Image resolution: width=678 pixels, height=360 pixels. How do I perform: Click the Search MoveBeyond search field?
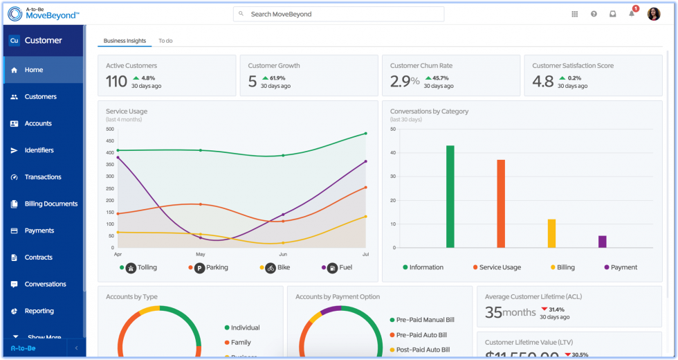[339, 14]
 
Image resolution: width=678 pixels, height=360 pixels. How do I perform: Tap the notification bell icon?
[631, 14]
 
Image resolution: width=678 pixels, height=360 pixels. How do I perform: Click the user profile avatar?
[654, 14]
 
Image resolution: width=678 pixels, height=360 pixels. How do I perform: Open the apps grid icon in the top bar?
[574, 14]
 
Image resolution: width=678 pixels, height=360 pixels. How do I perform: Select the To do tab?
[165, 41]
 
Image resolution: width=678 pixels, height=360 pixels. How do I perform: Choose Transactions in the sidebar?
[43, 177]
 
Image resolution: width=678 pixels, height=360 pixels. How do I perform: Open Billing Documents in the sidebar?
[51, 204]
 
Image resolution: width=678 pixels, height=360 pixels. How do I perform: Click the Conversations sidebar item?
[45, 285]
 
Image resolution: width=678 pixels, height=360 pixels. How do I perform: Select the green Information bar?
[450, 197]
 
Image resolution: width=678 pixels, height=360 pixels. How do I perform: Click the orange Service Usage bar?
[501, 204]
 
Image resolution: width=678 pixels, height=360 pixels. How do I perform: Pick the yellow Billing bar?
[551, 233]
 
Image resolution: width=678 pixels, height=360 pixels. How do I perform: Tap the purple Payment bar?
[602, 242]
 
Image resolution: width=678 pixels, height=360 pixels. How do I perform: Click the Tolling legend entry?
[143, 267]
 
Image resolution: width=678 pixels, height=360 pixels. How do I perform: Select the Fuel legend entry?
[340, 267]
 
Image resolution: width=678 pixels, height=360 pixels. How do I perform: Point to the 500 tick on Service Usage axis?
[110, 129]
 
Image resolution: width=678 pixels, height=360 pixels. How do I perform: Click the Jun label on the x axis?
[282, 255]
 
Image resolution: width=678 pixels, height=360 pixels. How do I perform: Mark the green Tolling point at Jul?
[365, 134]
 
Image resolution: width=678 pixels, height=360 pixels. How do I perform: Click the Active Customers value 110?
[116, 82]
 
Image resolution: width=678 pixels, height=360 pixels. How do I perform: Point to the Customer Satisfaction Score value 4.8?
[542, 82]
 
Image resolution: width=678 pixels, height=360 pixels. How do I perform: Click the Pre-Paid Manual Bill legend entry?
[425, 320]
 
